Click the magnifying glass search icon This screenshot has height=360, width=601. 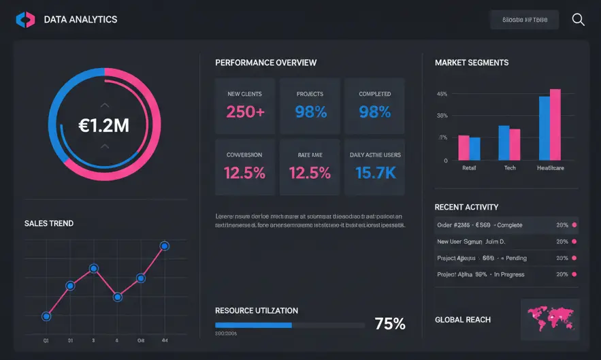578,20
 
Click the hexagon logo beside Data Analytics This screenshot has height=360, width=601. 25,20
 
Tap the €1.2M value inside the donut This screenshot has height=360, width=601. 104,125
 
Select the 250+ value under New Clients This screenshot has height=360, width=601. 245,112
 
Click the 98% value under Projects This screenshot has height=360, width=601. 310,112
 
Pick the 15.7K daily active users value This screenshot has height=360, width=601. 375,173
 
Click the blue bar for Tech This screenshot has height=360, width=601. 504,142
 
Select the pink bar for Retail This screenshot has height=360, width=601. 464,147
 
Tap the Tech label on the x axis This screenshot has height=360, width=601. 510,167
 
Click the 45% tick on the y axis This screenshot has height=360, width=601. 442,94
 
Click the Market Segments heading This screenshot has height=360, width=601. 472,63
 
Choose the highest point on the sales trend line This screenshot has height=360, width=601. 164,246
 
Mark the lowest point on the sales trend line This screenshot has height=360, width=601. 46,316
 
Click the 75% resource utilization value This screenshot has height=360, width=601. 390,324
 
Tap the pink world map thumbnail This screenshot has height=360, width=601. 550,318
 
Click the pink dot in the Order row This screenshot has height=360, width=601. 574,225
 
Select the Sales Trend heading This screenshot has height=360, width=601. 49,223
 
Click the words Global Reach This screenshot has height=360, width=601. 463,320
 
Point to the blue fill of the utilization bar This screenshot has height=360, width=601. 253,325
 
